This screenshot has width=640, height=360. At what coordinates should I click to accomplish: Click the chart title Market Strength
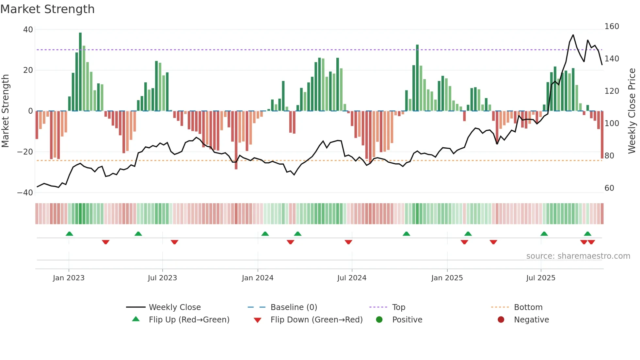tap(47, 9)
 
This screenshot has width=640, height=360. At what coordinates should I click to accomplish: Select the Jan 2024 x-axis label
tap(258, 278)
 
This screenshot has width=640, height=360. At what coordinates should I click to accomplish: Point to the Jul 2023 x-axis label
tap(162, 278)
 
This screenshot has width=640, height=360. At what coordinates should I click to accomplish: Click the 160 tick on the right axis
tap(612, 26)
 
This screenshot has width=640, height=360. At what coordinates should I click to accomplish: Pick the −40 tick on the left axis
tap(25, 193)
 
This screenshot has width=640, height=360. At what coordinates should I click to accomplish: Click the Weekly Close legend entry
tap(174, 307)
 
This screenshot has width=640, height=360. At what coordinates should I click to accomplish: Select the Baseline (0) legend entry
tap(294, 307)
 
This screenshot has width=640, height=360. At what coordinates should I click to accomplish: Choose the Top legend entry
tap(398, 307)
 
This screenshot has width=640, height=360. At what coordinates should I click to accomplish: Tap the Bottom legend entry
tap(528, 307)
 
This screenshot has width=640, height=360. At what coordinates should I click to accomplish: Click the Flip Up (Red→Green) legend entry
tap(189, 320)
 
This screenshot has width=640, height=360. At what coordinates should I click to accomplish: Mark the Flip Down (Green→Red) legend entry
tap(316, 320)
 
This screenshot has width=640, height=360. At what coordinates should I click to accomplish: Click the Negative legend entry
tap(531, 320)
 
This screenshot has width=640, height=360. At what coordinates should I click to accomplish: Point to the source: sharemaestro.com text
tap(578, 256)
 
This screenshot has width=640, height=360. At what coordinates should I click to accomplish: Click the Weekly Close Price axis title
tap(632, 111)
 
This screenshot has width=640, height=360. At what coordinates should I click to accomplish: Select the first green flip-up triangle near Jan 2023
tap(69, 234)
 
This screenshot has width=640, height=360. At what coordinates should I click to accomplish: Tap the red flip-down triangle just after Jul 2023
tap(174, 242)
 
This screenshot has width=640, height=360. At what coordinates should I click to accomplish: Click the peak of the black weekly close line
tap(573, 35)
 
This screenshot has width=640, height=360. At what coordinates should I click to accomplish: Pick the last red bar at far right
tap(602, 135)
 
